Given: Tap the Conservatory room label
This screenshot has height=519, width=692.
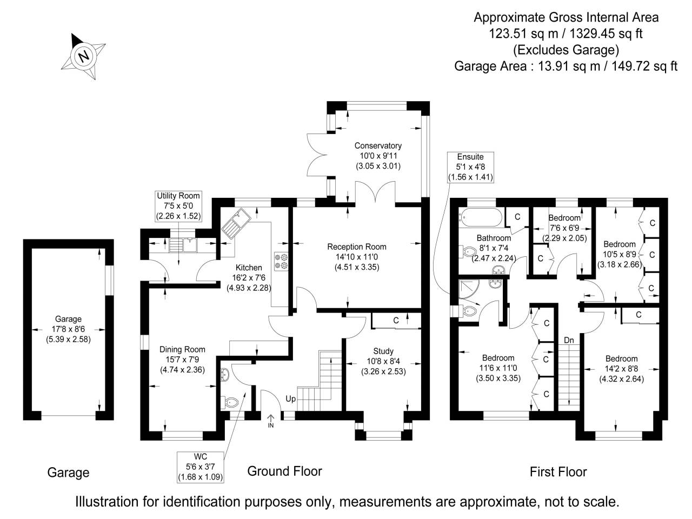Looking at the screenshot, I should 378,145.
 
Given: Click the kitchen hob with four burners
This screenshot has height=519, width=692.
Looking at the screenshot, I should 282,261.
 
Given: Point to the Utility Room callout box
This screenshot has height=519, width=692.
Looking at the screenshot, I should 178,205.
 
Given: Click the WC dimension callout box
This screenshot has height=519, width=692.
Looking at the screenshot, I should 200,467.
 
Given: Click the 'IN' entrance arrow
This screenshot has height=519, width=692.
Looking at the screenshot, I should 271,421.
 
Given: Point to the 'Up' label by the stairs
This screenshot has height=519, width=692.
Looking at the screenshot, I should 290,399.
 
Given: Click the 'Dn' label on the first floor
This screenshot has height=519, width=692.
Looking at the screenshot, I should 569,340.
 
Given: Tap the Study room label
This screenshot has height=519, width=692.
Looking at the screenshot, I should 383,351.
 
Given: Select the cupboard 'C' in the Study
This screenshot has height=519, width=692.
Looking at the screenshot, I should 396,321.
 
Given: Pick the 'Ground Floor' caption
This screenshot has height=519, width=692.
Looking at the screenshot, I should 284,471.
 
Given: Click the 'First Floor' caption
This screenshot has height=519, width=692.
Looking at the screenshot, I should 558,472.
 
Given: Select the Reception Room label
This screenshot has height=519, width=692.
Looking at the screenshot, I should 357,247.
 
